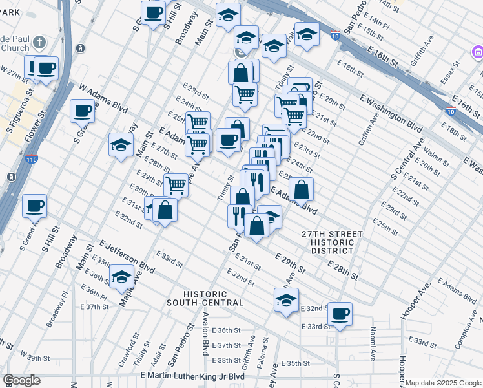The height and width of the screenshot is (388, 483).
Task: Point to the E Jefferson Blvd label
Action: pyautogui.click(x=127, y=255)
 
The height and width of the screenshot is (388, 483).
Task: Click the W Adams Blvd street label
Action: pyautogui.click(x=103, y=96)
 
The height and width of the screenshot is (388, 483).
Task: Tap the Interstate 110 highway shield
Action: pyautogui.click(x=32, y=158)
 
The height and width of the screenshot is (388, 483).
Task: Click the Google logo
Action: pyautogui.click(x=21, y=380)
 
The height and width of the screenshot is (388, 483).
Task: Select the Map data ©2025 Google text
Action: pyautogui.click(x=443, y=383)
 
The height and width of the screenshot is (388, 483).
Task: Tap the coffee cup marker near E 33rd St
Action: pyautogui.click(x=340, y=314)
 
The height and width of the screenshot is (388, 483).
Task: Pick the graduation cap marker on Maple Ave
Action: pyautogui.click(x=121, y=277)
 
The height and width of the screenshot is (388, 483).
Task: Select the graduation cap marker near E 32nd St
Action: pyautogui.click(x=286, y=300)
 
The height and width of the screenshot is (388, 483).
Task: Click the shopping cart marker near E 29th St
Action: pyautogui.click(x=176, y=184)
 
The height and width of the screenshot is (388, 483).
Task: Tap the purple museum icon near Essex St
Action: pyautogui.click(x=477, y=51)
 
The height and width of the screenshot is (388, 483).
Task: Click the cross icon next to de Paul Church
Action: pyautogui.click(x=39, y=43)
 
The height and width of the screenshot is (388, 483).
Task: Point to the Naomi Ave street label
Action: pyautogui.click(x=373, y=343)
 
